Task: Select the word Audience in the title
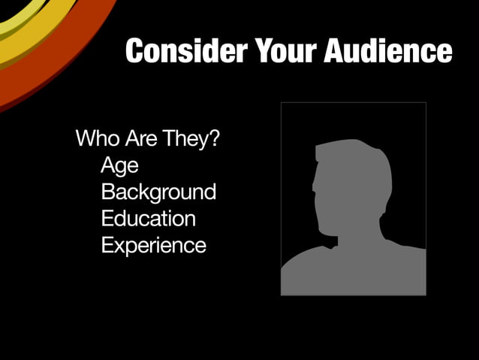click(x=388, y=51)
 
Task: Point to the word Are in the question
click(x=136, y=139)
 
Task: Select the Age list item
click(x=119, y=165)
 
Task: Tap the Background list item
click(x=158, y=192)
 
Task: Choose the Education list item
click(x=148, y=218)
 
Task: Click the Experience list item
click(x=153, y=245)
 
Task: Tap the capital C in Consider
click(x=135, y=51)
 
